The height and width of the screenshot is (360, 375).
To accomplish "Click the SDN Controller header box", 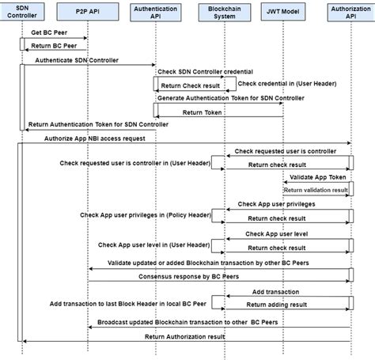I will click(x=23, y=13).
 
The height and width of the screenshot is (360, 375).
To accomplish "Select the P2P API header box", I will click(x=87, y=13).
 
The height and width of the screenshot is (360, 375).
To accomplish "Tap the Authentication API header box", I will click(x=155, y=13).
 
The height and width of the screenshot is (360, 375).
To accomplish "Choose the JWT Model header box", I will click(x=284, y=13).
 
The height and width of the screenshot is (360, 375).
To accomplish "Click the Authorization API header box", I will click(x=350, y=13).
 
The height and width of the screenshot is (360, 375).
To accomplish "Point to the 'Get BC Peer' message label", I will click(x=47, y=33).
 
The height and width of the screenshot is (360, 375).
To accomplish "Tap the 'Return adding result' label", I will click(x=277, y=303).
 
